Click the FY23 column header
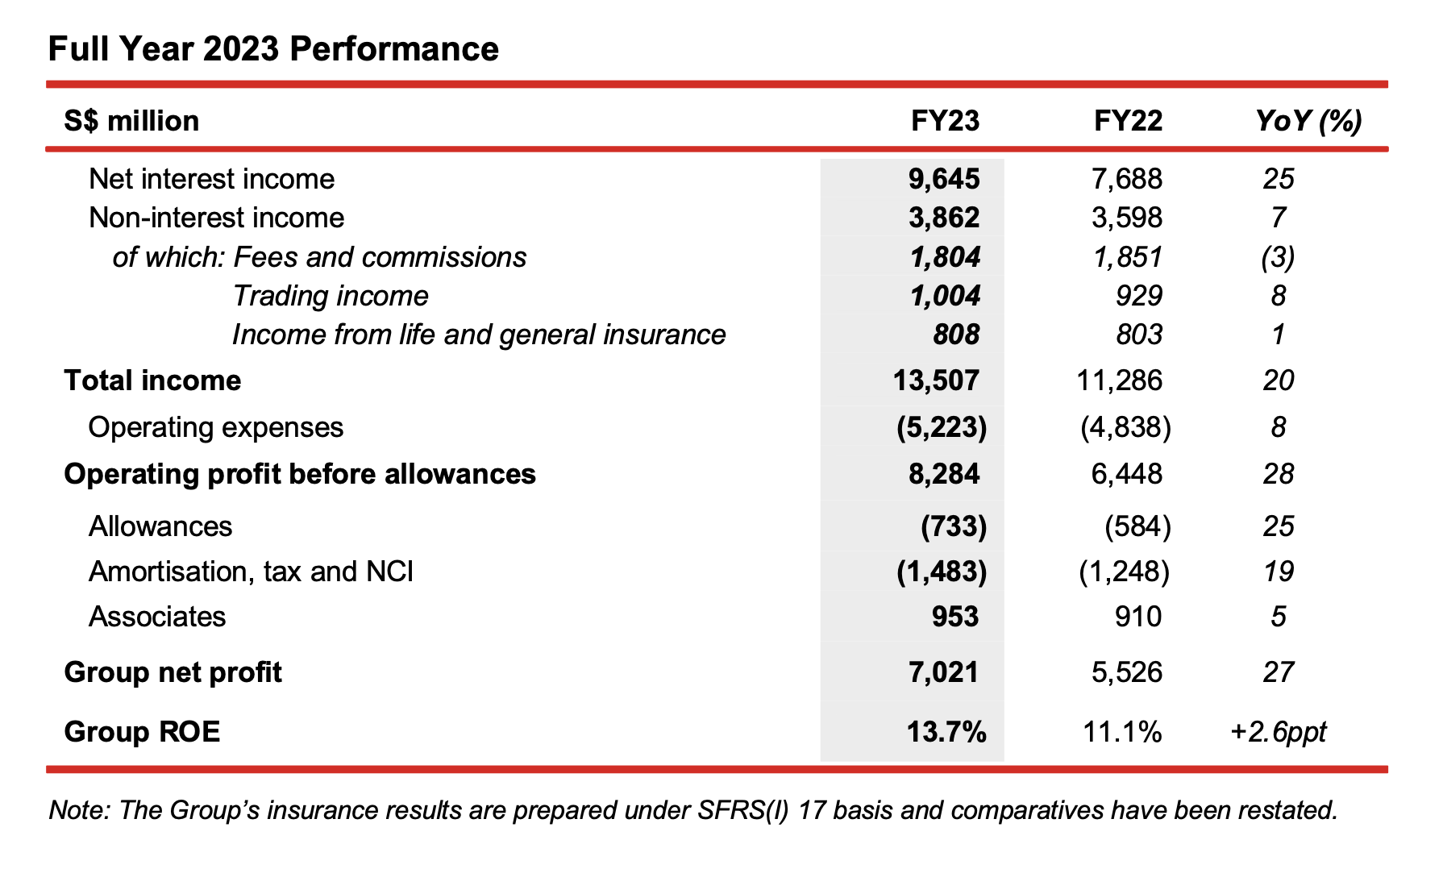tap(945, 121)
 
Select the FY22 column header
tap(1128, 121)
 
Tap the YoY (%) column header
tap(1308, 122)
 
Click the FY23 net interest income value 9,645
tap(944, 179)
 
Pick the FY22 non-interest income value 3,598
tap(1127, 218)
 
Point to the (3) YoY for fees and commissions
tap(1278, 257)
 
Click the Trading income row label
tap(331, 296)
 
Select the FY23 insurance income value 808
tap(956, 335)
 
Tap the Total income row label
tap(152, 380)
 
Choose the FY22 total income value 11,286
tap(1120, 380)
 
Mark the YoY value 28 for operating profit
tap(1279, 474)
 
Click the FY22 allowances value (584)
tap(1137, 526)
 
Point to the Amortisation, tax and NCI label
tap(251, 572)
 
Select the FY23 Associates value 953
tap(955, 617)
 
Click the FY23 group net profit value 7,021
tap(944, 672)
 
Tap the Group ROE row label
tap(142, 732)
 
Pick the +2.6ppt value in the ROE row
tap(1279, 732)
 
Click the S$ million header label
tap(131, 121)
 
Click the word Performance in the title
tap(394, 49)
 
